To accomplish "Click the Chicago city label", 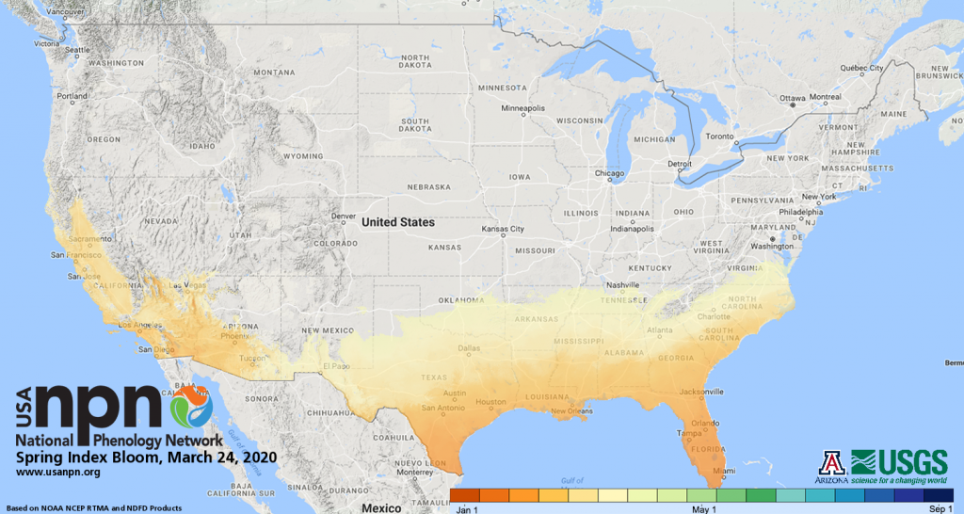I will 610,173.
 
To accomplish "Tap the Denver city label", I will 344,216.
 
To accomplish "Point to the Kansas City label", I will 503,230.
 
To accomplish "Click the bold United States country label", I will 398,223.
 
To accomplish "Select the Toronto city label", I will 718,137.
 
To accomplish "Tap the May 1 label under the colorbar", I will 702,508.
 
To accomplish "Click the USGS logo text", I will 900,461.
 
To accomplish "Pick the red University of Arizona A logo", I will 833,461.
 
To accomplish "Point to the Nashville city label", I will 623,285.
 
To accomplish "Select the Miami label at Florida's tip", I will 722,471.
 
